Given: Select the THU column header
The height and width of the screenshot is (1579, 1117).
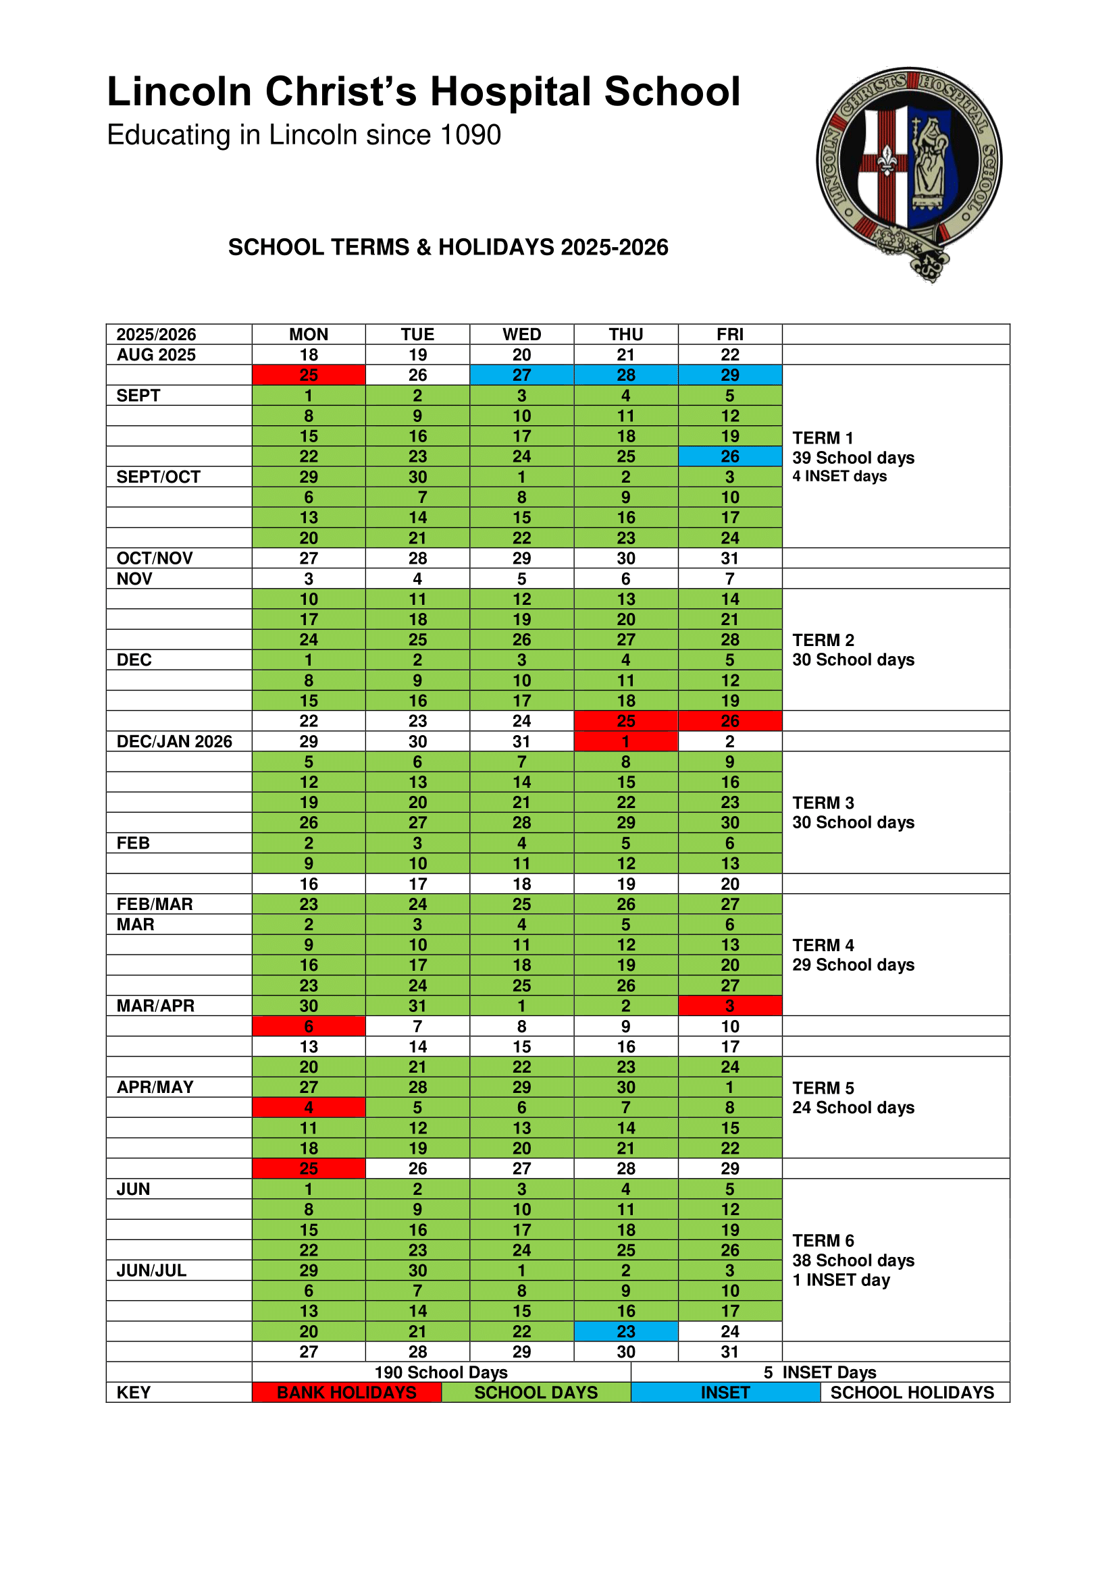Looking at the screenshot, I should pyautogui.click(x=625, y=334).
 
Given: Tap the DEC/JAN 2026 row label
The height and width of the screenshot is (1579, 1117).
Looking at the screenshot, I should pyautogui.click(x=174, y=741).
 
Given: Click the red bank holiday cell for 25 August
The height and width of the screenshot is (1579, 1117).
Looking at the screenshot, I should pyautogui.click(x=308, y=375).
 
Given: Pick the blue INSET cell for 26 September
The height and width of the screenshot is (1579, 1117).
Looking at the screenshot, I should pyautogui.click(x=729, y=456).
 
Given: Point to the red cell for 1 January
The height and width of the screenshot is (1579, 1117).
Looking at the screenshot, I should pyautogui.click(x=625, y=741).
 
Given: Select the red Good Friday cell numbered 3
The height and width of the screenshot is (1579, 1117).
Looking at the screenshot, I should pyautogui.click(x=729, y=1005).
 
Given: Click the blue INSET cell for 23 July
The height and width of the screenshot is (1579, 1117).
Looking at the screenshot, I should pyautogui.click(x=625, y=1331).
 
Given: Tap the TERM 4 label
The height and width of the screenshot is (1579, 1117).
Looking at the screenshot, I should pyautogui.click(x=823, y=945).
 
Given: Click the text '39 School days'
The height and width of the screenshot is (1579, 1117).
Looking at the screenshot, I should pyautogui.click(x=853, y=458).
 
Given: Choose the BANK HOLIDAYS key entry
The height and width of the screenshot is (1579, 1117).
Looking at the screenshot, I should pyautogui.click(x=346, y=1393).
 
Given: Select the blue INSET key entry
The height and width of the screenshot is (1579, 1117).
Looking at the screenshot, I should pyautogui.click(x=725, y=1393).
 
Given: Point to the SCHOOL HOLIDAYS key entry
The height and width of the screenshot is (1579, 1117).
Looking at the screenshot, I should pyautogui.click(x=912, y=1393).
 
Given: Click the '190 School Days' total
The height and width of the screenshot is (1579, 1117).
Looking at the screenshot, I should pyautogui.click(x=441, y=1372).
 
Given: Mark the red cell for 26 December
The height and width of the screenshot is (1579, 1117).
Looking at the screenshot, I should pyautogui.click(x=729, y=721).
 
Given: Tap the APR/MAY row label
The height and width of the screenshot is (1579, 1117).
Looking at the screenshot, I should pyautogui.click(x=155, y=1088).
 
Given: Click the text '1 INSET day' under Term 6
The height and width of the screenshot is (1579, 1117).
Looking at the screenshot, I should pyautogui.click(x=841, y=1280).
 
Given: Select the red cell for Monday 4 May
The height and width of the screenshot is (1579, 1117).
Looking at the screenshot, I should pyautogui.click(x=308, y=1107).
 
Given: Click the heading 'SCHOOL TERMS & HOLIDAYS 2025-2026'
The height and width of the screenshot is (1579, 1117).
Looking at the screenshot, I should pyautogui.click(x=448, y=248).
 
